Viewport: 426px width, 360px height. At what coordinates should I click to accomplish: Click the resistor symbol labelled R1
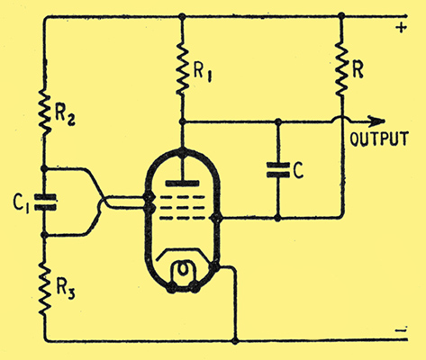coord(182,68)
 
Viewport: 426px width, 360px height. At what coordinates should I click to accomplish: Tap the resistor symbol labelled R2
coord(44,112)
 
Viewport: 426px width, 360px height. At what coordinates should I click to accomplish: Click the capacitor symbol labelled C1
coord(45,202)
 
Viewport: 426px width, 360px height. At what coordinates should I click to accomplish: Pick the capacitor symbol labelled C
coord(278,170)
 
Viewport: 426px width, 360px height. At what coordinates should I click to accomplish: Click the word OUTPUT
coord(379,139)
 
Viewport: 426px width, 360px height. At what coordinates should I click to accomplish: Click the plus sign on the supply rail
coord(401,28)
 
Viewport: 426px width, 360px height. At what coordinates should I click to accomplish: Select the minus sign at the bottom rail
coord(401,330)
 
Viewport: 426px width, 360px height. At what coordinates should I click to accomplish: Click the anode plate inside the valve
coord(182,183)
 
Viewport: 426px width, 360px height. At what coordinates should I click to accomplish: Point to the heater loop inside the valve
coord(183,271)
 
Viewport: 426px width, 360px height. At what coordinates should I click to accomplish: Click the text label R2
coord(65,116)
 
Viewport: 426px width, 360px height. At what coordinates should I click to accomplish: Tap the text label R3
coord(66,290)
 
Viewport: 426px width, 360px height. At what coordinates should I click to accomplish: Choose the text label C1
coord(21,203)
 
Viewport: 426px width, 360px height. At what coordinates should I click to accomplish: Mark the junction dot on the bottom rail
coord(235,341)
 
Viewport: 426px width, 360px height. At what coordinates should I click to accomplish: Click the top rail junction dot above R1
coord(182,16)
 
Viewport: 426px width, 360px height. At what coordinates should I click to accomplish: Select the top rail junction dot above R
coord(341,15)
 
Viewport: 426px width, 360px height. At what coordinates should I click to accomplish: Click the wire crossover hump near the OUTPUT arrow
coord(341,118)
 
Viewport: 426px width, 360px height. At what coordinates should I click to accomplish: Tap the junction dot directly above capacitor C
coord(278,121)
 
